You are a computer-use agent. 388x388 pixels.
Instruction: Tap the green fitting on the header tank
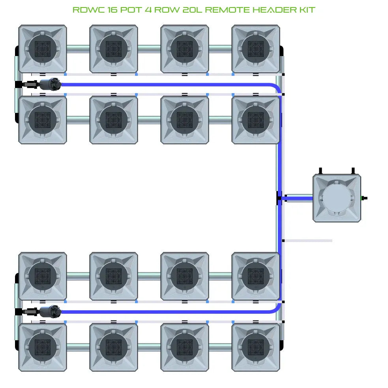(364, 198)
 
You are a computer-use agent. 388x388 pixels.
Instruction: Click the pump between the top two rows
(50, 84)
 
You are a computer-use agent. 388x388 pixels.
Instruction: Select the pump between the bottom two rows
(50, 311)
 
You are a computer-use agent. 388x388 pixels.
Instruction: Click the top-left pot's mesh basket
(43, 49)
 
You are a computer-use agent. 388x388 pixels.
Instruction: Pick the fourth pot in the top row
(255, 49)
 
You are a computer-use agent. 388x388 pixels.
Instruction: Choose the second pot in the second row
(114, 120)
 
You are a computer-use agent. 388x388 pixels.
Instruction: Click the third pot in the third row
(184, 276)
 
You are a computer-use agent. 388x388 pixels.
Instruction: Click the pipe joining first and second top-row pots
(78, 49)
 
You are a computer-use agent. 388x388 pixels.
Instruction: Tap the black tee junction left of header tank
(279, 199)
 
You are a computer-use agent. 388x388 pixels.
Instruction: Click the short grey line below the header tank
(308, 240)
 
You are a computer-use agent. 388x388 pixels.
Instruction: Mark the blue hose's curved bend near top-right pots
(278, 88)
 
